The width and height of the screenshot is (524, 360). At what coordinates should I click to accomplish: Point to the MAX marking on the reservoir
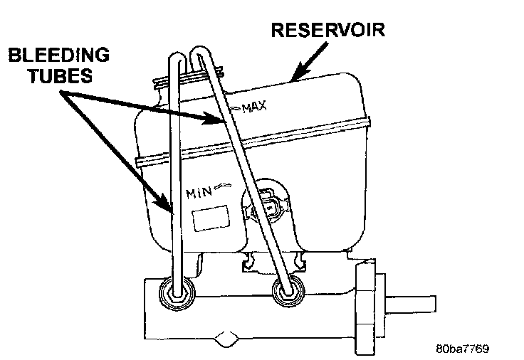pos(253,107)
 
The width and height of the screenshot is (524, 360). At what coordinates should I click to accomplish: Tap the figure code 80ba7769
pos(463,349)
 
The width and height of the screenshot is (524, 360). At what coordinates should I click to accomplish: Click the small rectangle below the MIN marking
pos(209,216)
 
